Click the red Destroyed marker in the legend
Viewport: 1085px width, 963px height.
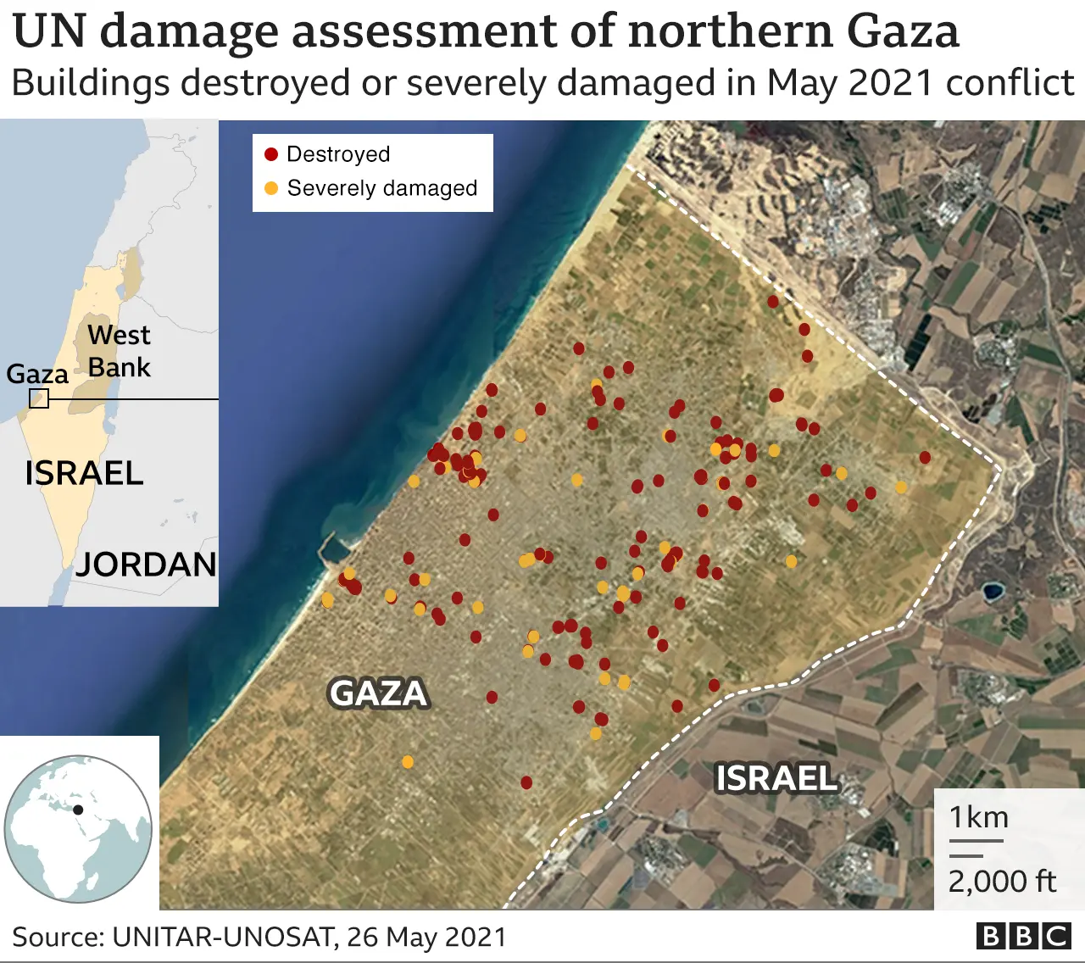coord(271,154)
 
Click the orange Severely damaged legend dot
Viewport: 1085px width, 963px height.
coord(271,188)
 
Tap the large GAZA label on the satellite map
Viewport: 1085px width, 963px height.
coord(378,693)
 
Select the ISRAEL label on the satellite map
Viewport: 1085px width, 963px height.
coord(776,778)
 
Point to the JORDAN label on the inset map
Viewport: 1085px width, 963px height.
coord(146,565)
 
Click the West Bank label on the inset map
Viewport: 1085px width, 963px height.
coord(119,351)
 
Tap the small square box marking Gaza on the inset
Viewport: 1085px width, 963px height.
coord(39,398)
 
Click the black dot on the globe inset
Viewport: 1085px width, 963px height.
coord(78,809)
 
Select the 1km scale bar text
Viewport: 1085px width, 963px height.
coord(979,817)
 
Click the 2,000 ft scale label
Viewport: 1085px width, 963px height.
coord(1002,882)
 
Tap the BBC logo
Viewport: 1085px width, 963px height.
coord(1024,936)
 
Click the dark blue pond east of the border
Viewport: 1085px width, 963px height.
coord(990,590)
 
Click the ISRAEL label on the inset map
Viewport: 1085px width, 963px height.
coord(84,473)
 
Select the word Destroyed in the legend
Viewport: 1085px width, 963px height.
coord(338,154)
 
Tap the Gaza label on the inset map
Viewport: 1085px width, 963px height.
coord(37,374)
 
